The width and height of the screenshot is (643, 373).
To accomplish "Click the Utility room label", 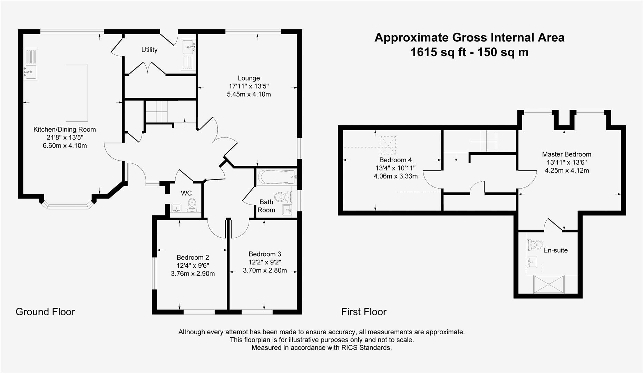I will point(149,50).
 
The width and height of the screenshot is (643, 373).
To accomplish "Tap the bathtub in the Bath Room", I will point(276,177).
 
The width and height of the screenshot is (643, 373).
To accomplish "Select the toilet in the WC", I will point(192,205).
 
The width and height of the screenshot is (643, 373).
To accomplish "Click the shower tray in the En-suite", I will point(548,284).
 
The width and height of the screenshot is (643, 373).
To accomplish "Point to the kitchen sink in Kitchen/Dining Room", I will point(30,71).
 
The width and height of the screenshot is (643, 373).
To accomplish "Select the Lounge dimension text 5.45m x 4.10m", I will point(249,94).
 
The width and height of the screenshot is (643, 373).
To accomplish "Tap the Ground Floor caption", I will point(45,312).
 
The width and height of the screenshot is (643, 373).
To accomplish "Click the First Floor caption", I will point(363,312).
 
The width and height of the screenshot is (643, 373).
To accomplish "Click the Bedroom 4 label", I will point(395,160).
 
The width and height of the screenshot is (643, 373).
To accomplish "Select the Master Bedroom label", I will point(566,154).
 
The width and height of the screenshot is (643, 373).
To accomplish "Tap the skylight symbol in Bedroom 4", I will point(388,145).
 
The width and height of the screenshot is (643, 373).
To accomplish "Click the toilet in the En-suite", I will point(534,245).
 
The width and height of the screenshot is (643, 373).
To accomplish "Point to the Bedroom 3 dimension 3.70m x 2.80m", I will point(265,270).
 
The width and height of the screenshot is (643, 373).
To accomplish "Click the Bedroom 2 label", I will point(193,257).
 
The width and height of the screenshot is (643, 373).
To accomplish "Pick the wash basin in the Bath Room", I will point(287,209).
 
